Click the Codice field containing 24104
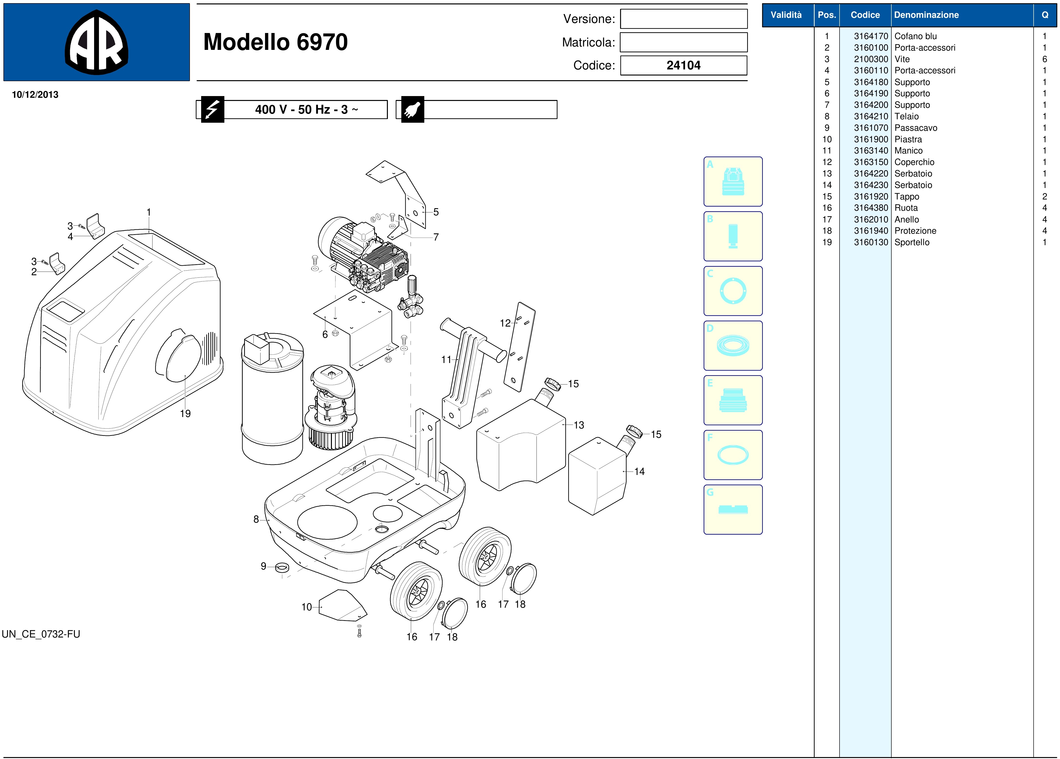pyautogui.click(x=683, y=66)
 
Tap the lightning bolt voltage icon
pyautogui.click(x=213, y=109)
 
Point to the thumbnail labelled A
pyautogui.click(x=733, y=181)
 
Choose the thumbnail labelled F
pyautogui.click(x=733, y=455)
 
